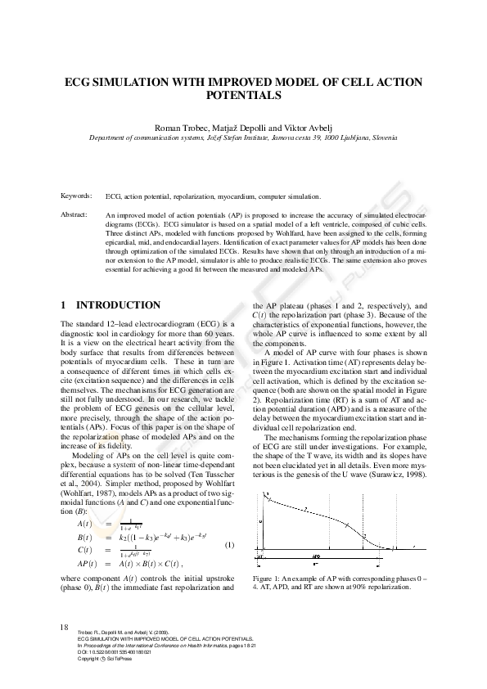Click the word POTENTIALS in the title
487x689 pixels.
243,95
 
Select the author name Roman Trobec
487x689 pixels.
187,128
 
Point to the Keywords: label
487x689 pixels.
77,197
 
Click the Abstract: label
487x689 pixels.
77,214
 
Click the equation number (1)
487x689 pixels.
230,545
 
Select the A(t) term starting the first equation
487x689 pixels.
84,524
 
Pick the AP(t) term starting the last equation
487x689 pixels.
87,564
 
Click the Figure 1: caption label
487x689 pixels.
269,579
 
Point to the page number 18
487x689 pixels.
65,627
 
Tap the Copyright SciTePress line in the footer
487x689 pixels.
106,658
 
